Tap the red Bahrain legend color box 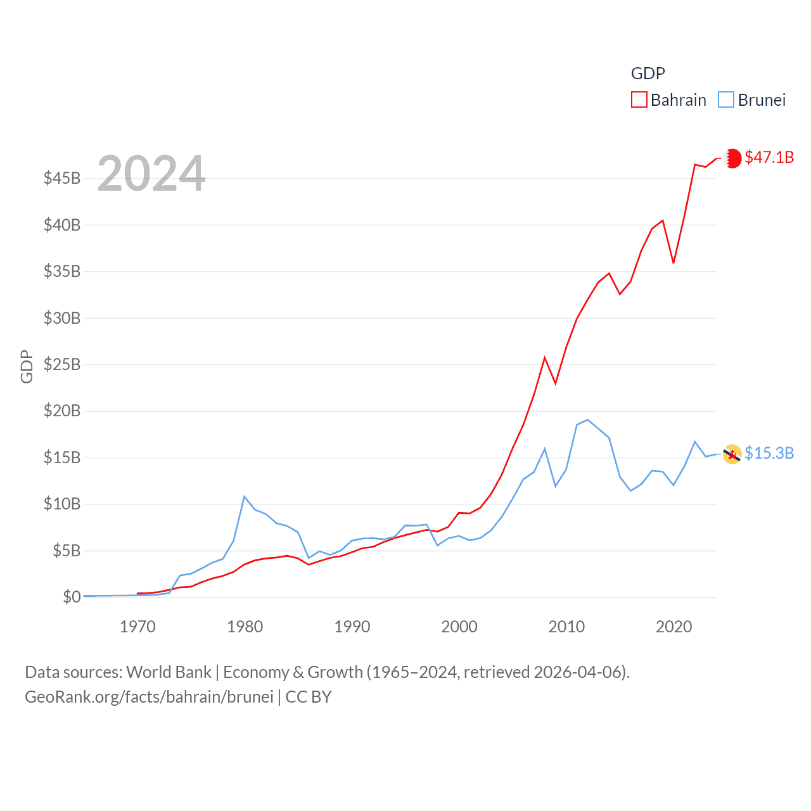639,100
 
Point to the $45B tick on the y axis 62,178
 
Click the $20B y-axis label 62,411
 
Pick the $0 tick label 72,597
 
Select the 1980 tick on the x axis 245,627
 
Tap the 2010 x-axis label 566,627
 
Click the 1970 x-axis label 137,627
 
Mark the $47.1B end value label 769,157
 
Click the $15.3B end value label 769,453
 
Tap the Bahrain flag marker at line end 732,158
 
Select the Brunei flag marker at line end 732,454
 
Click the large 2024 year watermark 151,174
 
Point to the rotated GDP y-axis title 27,366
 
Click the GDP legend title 648,73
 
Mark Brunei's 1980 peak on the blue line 245,497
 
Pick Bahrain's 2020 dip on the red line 674,262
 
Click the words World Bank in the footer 169,672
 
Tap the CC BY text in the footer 309,697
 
